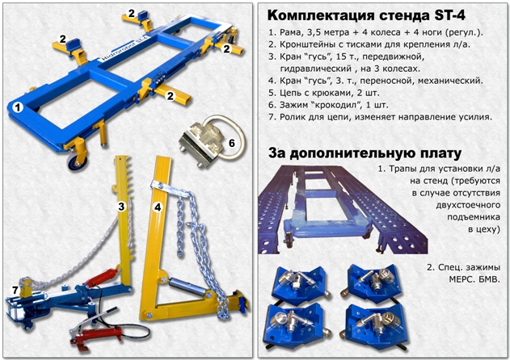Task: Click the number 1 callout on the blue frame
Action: click(x=18, y=107)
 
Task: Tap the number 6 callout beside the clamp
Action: click(x=232, y=143)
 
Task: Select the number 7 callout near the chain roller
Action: click(x=15, y=290)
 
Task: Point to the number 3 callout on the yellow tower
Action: click(x=121, y=207)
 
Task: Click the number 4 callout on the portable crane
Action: click(x=158, y=207)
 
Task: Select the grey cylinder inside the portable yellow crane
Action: click(x=186, y=287)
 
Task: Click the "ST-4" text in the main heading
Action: click(x=449, y=15)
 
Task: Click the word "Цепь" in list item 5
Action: click(x=291, y=94)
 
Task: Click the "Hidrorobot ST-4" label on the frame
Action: click(x=124, y=48)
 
